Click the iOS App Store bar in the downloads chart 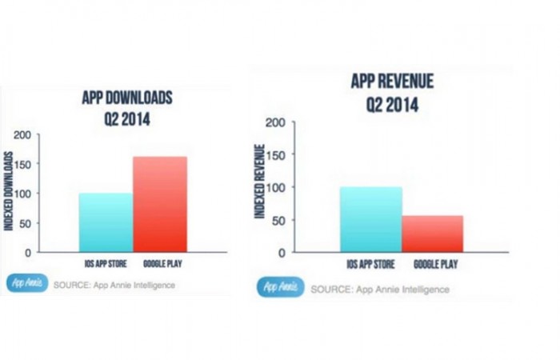106,222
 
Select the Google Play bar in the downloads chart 160,204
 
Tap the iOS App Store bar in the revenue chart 370,219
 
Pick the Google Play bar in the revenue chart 432,234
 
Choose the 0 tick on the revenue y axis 281,252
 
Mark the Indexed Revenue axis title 259,181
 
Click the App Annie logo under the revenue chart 279,287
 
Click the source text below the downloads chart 114,284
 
